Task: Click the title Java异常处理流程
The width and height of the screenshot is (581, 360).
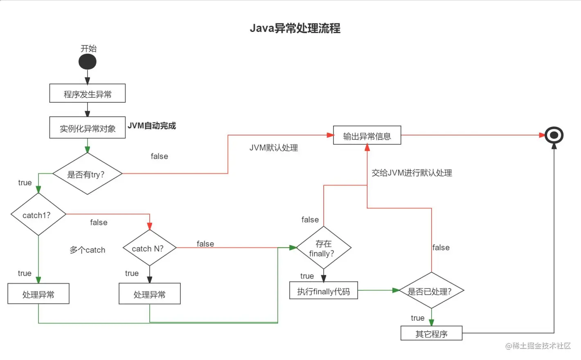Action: click(295, 28)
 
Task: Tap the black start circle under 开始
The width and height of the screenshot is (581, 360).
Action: click(88, 62)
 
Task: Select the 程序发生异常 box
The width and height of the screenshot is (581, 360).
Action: click(88, 94)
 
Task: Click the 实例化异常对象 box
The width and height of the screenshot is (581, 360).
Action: click(88, 128)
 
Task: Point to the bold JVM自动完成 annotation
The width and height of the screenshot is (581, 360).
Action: click(152, 126)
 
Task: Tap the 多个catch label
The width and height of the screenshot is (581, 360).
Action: click(88, 250)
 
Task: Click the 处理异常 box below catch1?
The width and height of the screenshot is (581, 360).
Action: click(38, 294)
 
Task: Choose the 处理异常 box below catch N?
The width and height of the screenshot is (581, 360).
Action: click(150, 294)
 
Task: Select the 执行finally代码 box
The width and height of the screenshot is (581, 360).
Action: click(324, 291)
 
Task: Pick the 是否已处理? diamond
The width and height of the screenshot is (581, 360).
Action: click(431, 291)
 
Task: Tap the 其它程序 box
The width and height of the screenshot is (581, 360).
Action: click(431, 333)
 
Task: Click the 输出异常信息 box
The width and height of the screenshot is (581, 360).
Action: click(367, 135)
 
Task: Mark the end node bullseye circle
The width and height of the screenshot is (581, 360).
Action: click(554, 135)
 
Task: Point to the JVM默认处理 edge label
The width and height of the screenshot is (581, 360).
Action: click(274, 148)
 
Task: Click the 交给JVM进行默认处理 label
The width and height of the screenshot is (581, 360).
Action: click(412, 173)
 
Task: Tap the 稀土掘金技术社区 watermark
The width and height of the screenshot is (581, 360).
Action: click(538, 346)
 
